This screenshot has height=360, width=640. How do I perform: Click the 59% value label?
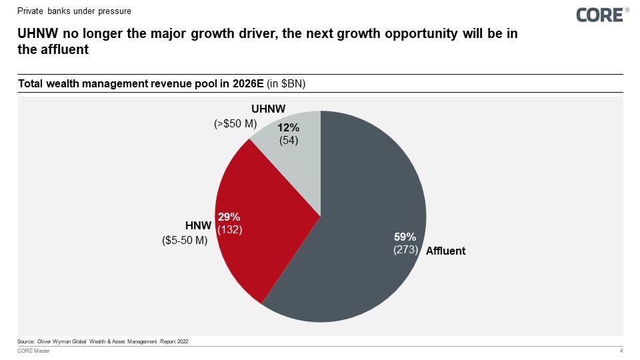point(405,237)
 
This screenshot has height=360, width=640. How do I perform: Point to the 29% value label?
point(229,217)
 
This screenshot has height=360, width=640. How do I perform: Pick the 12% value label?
point(288,127)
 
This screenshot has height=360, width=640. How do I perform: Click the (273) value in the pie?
point(405,250)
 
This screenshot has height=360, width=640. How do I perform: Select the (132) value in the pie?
point(229,229)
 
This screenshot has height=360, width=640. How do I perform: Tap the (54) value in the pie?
point(288,140)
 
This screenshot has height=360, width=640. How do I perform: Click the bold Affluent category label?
point(445,251)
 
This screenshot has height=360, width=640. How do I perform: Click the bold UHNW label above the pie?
point(269,109)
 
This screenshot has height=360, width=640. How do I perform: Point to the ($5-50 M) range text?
point(185,241)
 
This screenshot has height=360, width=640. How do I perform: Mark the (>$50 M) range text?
point(235,123)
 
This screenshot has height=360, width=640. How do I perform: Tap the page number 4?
point(621,352)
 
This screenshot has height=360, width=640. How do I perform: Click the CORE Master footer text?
point(33,352)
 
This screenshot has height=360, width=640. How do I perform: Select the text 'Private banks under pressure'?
point(75,11)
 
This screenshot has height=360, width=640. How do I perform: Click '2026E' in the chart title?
point(246,83)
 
